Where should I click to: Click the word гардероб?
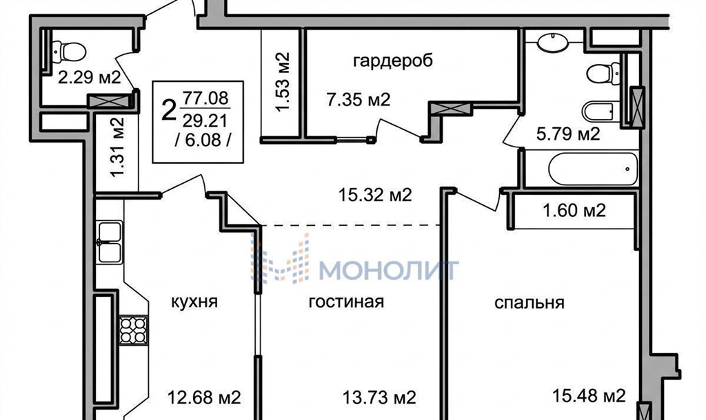(x=393, y=61)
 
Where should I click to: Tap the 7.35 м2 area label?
(x=359, y=99)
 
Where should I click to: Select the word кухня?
(x=194, y=302)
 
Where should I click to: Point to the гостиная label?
(x=346, y=302)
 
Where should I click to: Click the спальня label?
(x=529, y=303)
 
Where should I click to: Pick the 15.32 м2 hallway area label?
(x=375, y=195)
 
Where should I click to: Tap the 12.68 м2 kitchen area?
(x=204, y=397)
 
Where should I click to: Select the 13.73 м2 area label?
(x=379, y=397)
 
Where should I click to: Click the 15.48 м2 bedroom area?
(x=589, y=396)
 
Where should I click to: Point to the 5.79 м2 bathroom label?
(x=568, y=134)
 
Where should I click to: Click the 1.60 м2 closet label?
(x=574, y=210)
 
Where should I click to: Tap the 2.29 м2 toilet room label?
(x=90, y=78)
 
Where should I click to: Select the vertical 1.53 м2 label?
(x=282, y=82)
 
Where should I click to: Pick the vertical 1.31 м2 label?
(x=117, y=147)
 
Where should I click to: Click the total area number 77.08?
(x=205, y=98)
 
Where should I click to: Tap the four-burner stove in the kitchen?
(x=133, y=330)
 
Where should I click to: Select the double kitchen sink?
(x=110, y=242)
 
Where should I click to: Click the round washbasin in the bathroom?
(x=553, y=41)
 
